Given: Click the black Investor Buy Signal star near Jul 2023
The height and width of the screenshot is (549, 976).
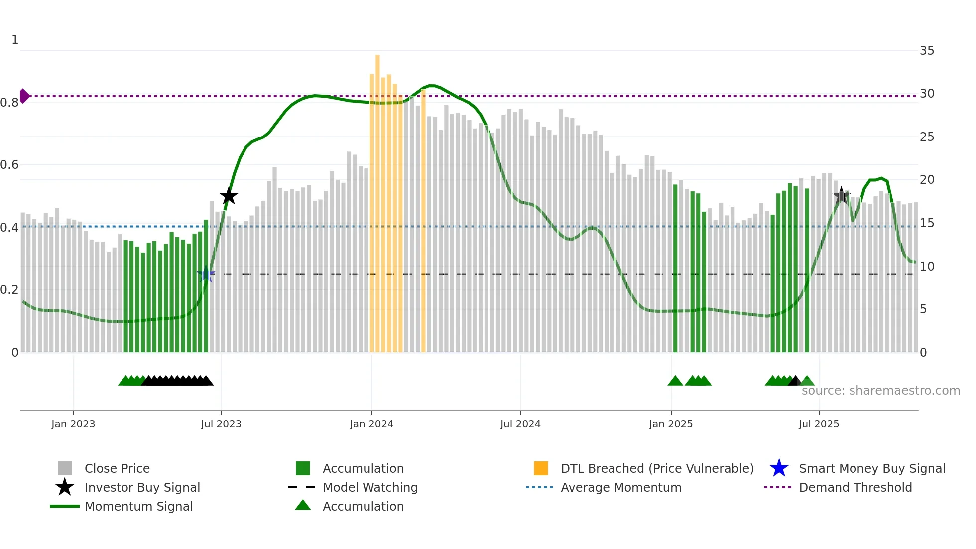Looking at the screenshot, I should (x=229, y=196).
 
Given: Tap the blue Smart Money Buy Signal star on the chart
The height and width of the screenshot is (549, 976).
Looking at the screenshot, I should (x=206, y=274).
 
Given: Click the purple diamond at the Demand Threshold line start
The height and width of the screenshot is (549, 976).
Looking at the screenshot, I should (x=24, y=96).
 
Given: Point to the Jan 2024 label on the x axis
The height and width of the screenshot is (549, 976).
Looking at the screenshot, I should (x=371, y=424).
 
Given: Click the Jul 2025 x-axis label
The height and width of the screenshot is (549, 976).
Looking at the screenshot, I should (x=819, y=424).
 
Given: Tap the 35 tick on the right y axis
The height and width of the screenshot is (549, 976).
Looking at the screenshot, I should (x=927, y=51).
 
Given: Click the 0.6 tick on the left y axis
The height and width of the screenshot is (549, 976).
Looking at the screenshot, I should (x=9, y=165).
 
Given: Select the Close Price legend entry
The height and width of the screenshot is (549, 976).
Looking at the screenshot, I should (x=117, y=468).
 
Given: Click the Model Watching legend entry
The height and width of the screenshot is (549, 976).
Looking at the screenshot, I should (x=369, y=487).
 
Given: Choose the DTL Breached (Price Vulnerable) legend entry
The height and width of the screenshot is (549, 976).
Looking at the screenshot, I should (x=657, y=468).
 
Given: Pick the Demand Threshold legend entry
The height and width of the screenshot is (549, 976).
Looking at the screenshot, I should (x=855, y=487).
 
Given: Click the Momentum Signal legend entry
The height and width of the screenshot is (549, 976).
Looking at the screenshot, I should (x=138, y=506).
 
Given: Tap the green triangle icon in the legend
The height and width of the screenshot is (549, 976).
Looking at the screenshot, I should (x=303, y=505).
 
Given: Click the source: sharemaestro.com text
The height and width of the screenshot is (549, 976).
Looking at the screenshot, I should (x=880, y=390).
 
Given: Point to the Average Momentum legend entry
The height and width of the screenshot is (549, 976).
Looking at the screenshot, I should (x=620, y=487).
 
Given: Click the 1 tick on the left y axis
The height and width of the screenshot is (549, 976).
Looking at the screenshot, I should (x=15, y=40).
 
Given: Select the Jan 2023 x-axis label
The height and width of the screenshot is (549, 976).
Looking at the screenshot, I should (x=73, y=424).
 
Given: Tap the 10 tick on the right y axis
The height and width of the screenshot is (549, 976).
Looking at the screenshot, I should (x=927, y=266).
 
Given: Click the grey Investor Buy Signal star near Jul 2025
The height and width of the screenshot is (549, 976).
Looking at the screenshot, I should (x=842, y=196).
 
